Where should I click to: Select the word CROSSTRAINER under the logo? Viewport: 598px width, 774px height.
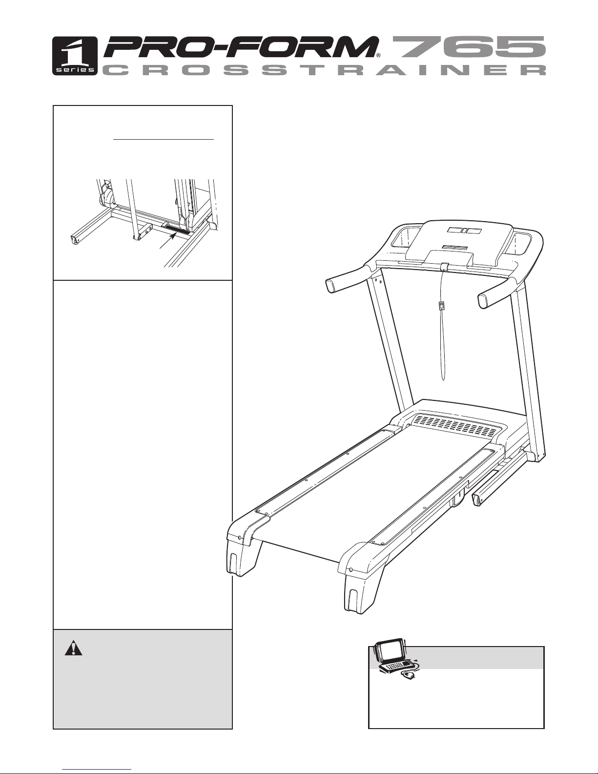(x=324, y=71)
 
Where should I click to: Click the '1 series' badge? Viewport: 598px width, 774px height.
(x=74, y=56)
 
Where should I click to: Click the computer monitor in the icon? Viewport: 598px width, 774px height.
(x=389, y=652)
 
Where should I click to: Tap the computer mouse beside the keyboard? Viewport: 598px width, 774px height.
(x=409, y=675)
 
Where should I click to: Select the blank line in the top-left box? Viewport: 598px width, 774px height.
(x=164, y=139)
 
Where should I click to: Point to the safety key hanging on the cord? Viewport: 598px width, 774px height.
(x=441, y=306)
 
